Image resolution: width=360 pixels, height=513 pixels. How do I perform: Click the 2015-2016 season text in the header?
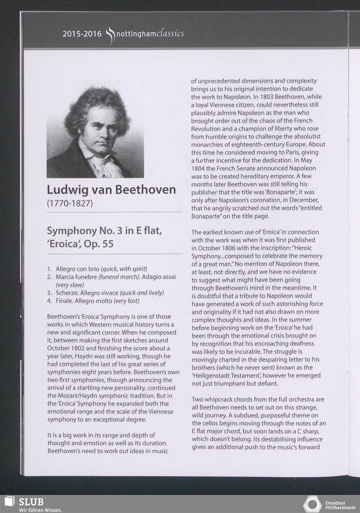click(x=82, y=34)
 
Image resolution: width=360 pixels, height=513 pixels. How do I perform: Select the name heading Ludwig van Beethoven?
click(x=112, y=190)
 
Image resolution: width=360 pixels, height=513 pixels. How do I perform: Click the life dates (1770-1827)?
click(x=70, y=203)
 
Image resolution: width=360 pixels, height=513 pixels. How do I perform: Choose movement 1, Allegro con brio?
click(x=78, y=269)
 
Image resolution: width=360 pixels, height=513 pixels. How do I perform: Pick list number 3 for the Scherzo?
click(x=49, y=293)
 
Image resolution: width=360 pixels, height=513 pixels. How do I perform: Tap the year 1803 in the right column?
click(x=269, y=97)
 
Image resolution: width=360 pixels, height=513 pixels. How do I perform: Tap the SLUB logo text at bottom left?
click(x=31, y=501)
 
